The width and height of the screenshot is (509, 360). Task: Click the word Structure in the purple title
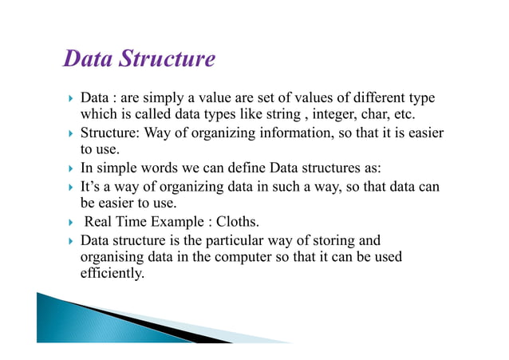point(166,60)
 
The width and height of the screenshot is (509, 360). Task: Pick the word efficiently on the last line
point(112,274)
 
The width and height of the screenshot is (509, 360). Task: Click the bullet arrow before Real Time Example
point(70,222)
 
